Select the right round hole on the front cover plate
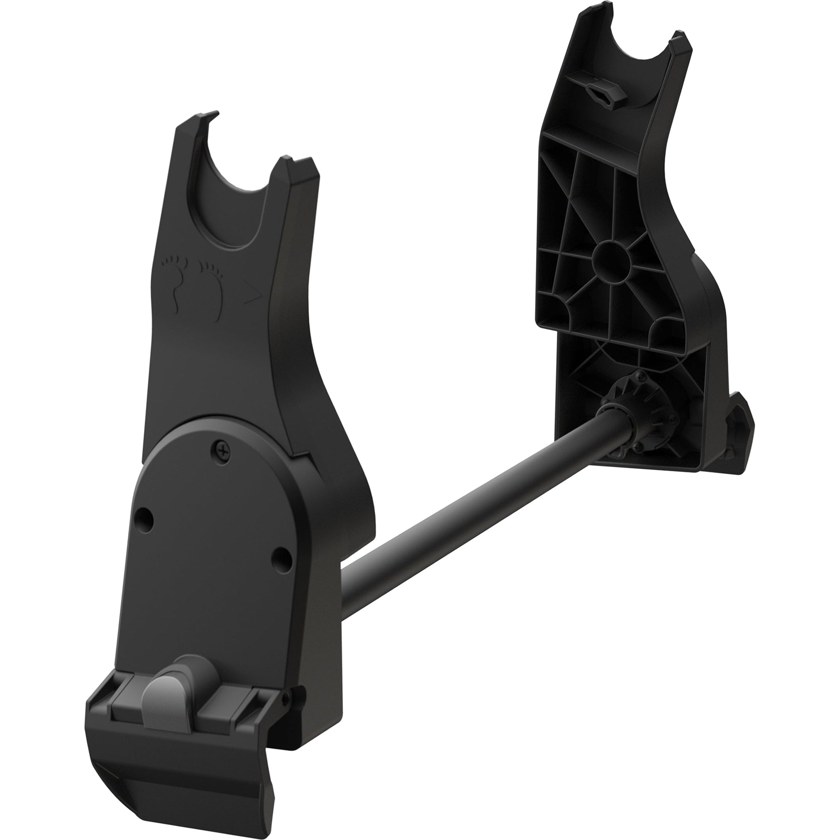coord(282,554)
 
